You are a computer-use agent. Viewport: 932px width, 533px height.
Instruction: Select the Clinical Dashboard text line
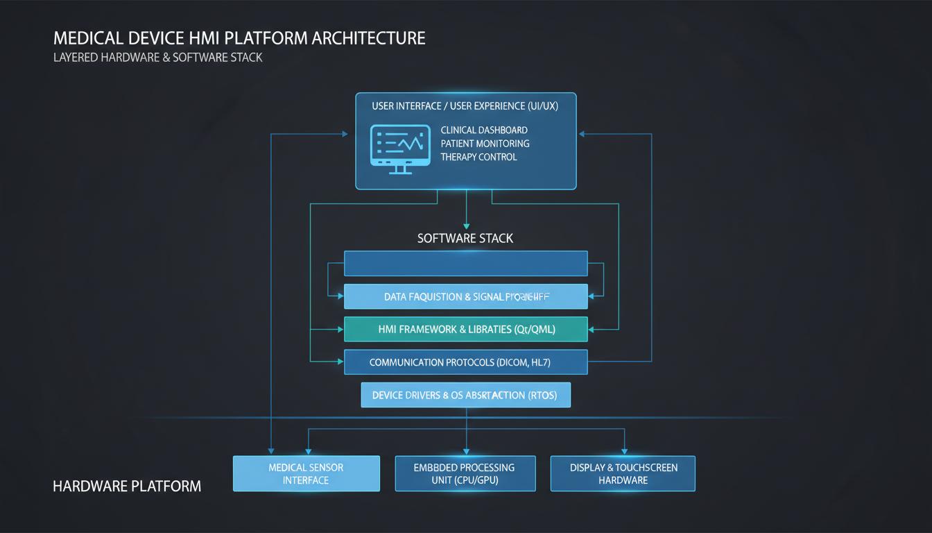point(484,130)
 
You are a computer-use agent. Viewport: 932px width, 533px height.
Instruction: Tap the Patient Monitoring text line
point(485,144)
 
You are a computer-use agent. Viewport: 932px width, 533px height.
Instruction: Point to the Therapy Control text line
point(478,157)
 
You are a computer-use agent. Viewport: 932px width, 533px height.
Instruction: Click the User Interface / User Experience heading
point(465,106)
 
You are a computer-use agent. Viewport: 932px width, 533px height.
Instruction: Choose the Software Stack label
point(465,238)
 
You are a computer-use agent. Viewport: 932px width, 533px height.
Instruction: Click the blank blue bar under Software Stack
point(465,264)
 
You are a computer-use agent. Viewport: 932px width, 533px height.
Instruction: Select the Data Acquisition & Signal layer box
point(465,296)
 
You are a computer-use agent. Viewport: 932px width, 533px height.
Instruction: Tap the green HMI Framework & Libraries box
point(465,330)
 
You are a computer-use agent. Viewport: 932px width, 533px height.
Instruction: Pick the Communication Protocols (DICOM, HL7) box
point(465,362)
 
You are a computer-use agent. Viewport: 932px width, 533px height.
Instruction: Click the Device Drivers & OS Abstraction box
point(465,395)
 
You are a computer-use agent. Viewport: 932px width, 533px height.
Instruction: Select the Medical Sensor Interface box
point(306,473)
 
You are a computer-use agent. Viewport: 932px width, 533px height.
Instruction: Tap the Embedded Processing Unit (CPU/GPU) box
point(465,473)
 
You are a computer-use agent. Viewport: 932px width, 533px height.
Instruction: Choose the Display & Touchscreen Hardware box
point(623,473)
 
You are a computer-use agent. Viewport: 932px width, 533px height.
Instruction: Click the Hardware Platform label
point(127,486)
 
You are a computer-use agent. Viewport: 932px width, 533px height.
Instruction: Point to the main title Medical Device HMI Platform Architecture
point(239,37)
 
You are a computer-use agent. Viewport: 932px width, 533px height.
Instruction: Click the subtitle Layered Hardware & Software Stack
point(157,58)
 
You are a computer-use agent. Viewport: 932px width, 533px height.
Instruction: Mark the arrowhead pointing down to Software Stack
point(466,226)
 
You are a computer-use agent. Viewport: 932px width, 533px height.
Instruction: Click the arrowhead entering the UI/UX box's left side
point(345,134)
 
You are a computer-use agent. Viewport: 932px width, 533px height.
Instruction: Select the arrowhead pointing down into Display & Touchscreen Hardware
point(624,452)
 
